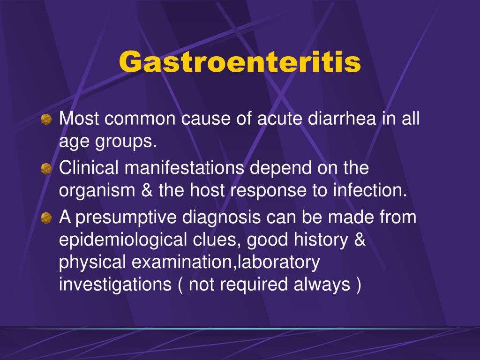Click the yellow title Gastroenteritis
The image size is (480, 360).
(240, 62)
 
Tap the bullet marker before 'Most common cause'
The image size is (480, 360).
(46, 120)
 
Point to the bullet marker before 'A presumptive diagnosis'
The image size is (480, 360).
(46, 217)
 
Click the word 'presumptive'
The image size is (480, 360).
(126, 217)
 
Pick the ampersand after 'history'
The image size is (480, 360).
(359, 240)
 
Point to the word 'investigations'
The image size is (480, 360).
(115, 285)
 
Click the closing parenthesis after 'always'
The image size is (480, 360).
(358, 285)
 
